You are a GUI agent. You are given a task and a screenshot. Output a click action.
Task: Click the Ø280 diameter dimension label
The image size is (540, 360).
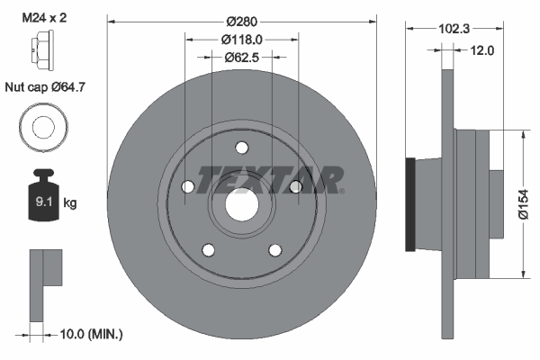click(x=241, y=20)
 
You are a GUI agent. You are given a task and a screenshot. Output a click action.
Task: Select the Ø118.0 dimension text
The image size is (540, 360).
click(x=241, y=39)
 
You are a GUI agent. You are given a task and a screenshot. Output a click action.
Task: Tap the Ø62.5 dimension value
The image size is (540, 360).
click(x=241, y=58)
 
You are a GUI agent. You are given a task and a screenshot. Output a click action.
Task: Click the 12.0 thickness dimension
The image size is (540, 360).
click(x=483, y=51)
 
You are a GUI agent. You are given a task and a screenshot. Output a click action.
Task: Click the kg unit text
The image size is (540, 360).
click(x=70, y=203)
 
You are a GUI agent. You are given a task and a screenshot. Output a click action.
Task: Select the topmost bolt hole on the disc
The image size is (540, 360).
click(x=241, y=148)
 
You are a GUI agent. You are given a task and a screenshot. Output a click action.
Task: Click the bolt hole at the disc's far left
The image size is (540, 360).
click(x=187, y=187)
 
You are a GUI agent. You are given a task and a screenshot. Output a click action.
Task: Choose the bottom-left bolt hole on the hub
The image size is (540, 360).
click(x=208, y=249)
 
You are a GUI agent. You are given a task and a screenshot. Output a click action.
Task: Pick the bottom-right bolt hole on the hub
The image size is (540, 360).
click(x=274, y=249)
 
